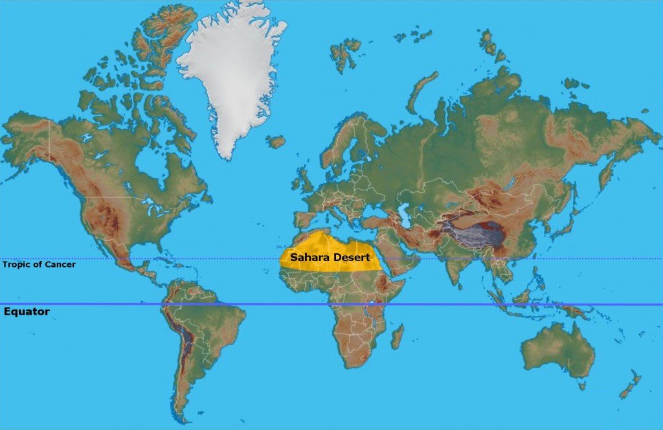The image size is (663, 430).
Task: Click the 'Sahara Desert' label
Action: click(x=330, y=257)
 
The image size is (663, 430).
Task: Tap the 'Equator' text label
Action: click(x=27, y=311)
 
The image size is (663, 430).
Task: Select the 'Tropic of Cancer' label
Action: click(x=39, y=264)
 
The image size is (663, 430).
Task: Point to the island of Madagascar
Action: click(x=397, y=337)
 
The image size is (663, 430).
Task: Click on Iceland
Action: click(x=276, y=141)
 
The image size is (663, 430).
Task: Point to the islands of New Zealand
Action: click(x=630, y=385)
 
